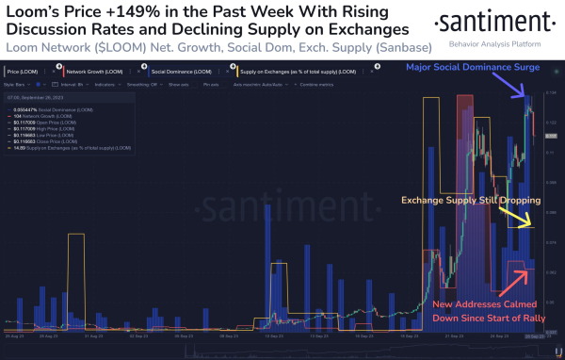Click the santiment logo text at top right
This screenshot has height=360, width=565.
480,21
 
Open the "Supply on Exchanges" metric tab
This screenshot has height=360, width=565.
301,71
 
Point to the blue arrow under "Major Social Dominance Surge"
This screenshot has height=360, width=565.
517,89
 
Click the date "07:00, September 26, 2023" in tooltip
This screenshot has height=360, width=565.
34,95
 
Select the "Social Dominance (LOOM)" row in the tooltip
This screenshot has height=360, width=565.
53,104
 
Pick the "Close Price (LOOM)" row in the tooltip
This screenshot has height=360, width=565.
48,138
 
